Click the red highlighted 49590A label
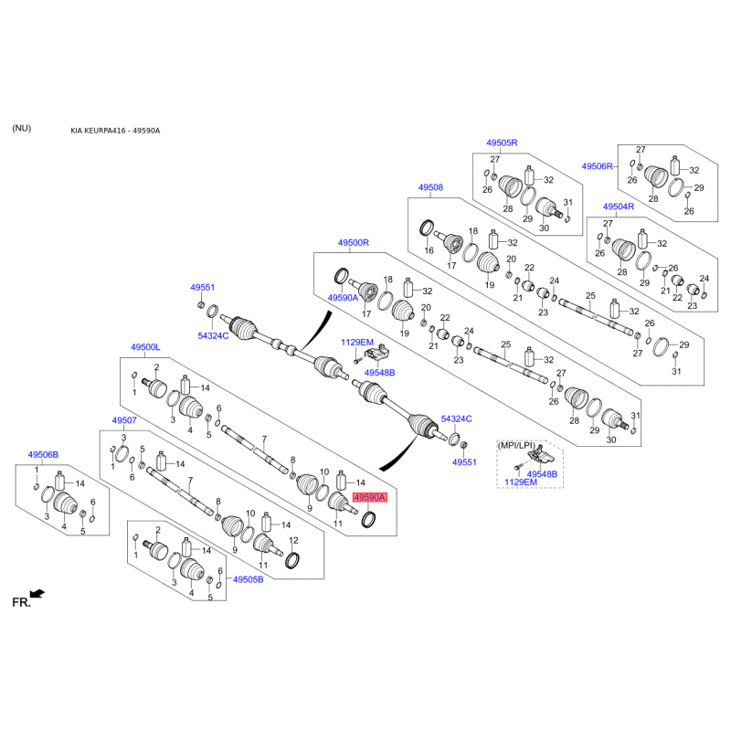(370, 498)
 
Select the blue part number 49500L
(145, 347)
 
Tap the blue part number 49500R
(354, 243)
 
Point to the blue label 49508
(430, 187)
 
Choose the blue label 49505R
(502, 143)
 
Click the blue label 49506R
(598, 166)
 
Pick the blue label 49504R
(619, 207)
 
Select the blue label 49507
(124, 420)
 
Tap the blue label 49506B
(43, 454)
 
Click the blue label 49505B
(248, 579)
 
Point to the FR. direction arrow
(37, 593)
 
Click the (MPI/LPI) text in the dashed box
(516, 446)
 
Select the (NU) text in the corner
(21, 128)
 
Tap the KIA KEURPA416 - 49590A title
(115, 131)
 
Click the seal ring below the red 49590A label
(369, 519)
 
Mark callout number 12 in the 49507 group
(293, 541)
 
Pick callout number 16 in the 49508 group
(429, 250)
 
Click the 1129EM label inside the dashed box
(521, 482)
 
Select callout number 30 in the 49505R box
(544, 228)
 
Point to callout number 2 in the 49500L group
(156, 367)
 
